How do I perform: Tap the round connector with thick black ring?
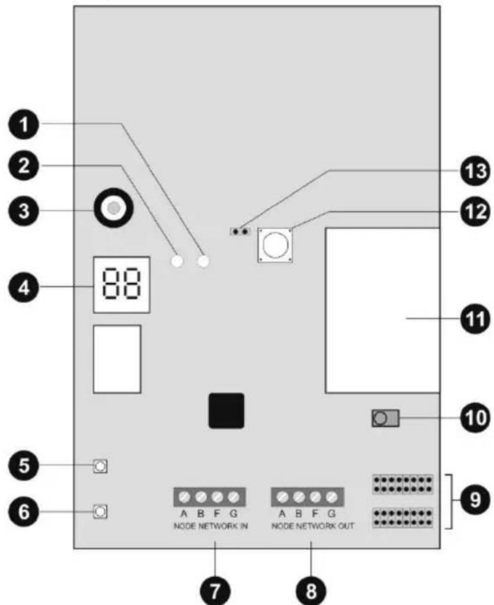point(113,208)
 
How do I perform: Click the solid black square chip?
point(226,410)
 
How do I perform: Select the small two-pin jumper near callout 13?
point(240,230)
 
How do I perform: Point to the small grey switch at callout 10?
point(384,420)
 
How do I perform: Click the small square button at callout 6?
point(100,511)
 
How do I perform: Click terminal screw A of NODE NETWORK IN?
point(184,497)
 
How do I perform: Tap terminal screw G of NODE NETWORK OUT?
point(331,497)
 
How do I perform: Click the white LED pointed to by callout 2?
point(177,261)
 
